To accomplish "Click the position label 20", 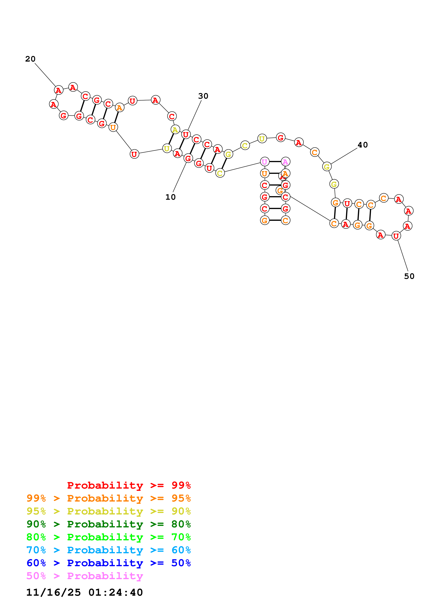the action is click(x=30, y=59).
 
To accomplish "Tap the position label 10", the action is click(x=170, y=197).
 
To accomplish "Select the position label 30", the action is click(x=203, y=96).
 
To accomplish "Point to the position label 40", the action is click(x=362, y=145).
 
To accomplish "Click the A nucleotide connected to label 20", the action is click(x=59, y=90).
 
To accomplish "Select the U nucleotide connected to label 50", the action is click(x=396, y=236).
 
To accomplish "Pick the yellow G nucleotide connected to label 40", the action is click(x=327, y=167).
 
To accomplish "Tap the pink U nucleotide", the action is click(x=265, y=162).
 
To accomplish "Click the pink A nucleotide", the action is click(x=285, y=162).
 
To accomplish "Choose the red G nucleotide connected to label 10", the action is click(x=188, y=158).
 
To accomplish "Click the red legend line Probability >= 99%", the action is click(x=129, y=485).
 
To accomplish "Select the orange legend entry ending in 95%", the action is click(x=108, y=498).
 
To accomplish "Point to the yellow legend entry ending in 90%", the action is click(x=108, y=511).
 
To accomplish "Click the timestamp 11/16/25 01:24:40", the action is click(x=84, y=592).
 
